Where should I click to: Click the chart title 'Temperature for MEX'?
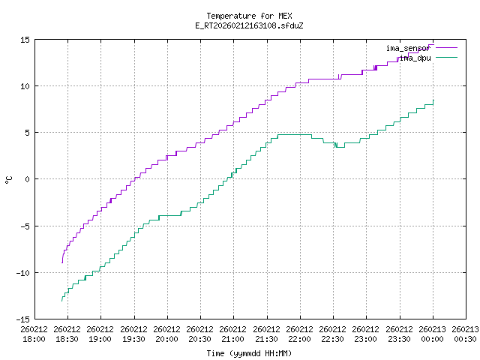pyautogui.click(x=249, y=16)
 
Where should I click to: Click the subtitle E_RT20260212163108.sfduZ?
pyautogui.click(x=249, y=25)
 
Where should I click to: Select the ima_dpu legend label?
pyautogui.click(x=414, y=57)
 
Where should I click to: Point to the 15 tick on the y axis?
pyautogui.click(x=25, y=40)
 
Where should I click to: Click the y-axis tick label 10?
pyautogui.click(x=25, y=86)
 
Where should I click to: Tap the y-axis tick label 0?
pyautogui.click(x=27, y=179)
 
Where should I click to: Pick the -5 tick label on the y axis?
pyautogui.click(x=25, y=226)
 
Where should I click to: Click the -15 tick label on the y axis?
pyautogui.click(x=22, y=319)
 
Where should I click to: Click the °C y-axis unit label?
pyautogui.click(x=8, y=179)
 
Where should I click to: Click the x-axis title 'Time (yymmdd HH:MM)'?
pyautogui.click(x=249, y=352)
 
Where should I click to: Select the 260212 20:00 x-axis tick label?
pyautogui.click(x=167, y=334)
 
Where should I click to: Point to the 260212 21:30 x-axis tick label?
pyautogui.click(x=266, y=334)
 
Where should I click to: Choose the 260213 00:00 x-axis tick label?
pyautogui.click(x=433, y=334)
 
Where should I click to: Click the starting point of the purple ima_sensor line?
pyautogui.click(x=61, y=263)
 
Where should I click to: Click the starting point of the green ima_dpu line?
pyautogui.click(x=61, y=301)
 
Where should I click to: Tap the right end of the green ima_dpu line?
pyautogui.click(x=433, y=100)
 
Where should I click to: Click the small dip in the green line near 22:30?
pyautogui.click(x=336, y=145)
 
